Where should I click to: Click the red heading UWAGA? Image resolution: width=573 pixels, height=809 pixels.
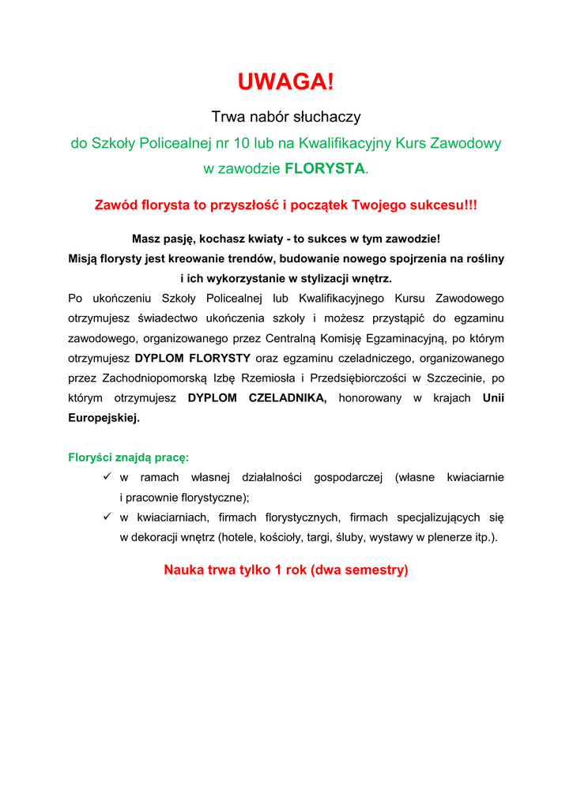tap(286, 81)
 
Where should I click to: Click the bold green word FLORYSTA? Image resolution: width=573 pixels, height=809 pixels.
tap(325, 168)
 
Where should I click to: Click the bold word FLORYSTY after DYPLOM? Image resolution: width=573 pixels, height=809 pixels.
tap(220, 359)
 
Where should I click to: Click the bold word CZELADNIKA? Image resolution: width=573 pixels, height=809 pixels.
tap(287, 398)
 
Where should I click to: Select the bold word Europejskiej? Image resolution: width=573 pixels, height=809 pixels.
tap(104, 419)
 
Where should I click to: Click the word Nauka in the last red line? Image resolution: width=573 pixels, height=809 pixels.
tap(183, 570)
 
